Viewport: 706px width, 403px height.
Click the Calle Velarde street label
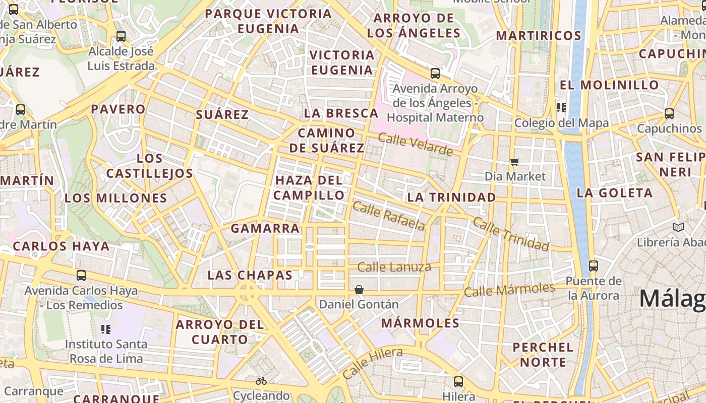click(415, 145)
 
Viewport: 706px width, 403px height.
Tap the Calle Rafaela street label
click(389, 216)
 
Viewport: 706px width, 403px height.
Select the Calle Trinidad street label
click(510, 235)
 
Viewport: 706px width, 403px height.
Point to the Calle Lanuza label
click(394, 267)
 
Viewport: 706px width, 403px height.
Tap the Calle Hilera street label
click(372, 363)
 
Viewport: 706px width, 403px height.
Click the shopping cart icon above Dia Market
click(515, 162)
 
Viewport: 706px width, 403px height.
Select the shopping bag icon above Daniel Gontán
click(359, 290)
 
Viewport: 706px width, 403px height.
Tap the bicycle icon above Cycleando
click(261, 381)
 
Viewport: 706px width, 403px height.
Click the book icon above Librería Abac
click(678, 228)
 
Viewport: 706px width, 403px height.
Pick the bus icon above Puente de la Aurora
click(594, 265)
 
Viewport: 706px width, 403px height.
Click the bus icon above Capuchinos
click(669, 114)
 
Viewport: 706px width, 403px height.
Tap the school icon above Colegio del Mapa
click(561, 108)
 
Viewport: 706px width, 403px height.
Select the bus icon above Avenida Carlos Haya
click(81, 276)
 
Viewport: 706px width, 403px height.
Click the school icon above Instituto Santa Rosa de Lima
click(106, 329)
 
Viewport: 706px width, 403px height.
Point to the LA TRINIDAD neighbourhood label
click(451, 197)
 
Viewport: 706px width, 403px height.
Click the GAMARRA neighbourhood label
click(265, 229)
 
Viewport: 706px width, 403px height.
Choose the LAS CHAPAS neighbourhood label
click(250, 276)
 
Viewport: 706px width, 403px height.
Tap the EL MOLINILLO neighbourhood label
click(609, 85)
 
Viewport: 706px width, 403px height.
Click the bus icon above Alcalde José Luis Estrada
click(121, 36)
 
